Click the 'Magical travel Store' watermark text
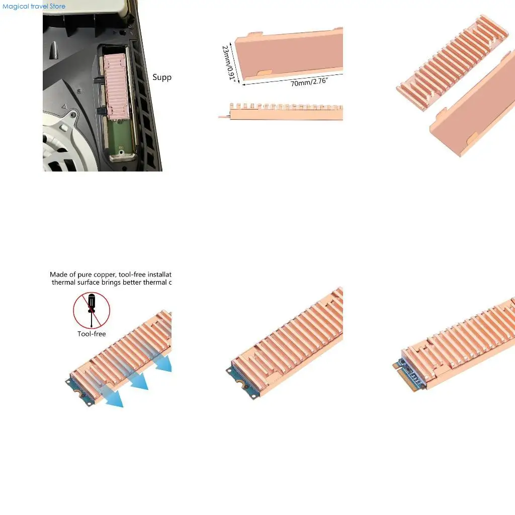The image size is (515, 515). [34, 7]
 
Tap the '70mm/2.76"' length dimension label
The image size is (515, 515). [309, 82]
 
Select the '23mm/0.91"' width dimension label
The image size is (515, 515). [229, 62]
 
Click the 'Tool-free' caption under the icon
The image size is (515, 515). [92, 334]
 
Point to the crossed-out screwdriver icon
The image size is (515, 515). [92, 310]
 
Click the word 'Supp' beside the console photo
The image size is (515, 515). [162, 77]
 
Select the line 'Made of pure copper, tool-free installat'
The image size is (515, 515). [111, 275]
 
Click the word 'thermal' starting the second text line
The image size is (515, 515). [65, 283]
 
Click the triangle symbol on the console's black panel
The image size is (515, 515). [64, 107]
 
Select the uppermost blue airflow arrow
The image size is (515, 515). [164, 363]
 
